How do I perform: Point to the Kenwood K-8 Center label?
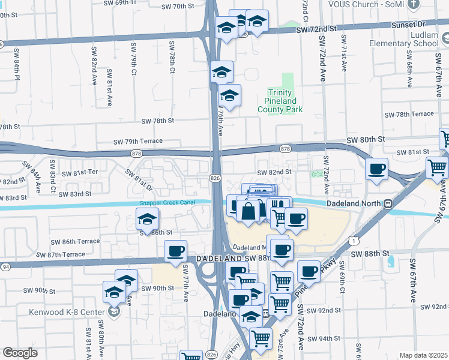click(66, 312)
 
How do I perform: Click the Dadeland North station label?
click(357, 203)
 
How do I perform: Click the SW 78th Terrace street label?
click(409, 114)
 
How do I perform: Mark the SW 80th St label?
click(365, 139)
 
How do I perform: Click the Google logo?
click(20, 353)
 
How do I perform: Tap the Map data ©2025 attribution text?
click(423, 355)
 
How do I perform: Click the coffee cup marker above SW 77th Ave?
click(175, 251)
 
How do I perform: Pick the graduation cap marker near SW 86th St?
click(148, 219)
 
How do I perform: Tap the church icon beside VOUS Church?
click(412, 4)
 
